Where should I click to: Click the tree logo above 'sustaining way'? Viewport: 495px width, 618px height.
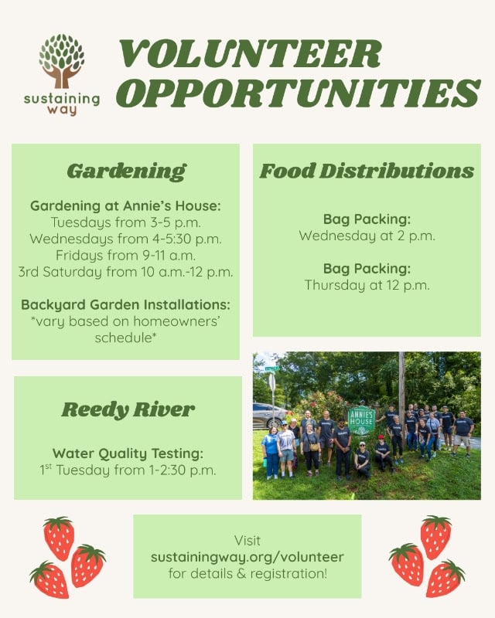[x=62, y=61]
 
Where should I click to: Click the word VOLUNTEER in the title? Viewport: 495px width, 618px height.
[x=251, y=54]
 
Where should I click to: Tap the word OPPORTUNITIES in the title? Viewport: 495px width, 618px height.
[x=299, y=93]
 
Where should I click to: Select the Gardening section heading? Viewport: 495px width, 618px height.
[x=126, y=171]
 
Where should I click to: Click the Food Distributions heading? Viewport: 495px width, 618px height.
[x=367, y=171]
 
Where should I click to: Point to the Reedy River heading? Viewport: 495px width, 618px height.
[x=128, y=410]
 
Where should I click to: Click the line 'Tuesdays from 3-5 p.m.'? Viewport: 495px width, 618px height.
[x=125, y=222]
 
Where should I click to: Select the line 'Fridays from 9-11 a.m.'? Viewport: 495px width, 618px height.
[x=125, y=256]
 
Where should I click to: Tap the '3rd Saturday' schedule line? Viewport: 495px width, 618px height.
[x=125, y=272]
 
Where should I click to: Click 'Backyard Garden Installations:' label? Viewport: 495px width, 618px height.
[x=125, y=305]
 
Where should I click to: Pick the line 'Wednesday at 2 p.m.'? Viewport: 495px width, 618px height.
[x=367, y=236]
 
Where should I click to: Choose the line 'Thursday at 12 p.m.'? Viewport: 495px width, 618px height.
[x=367, y=285]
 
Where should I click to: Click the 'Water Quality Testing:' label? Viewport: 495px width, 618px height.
[x=128, y=453]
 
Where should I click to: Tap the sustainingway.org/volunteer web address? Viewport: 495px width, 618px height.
[x=247, y=557]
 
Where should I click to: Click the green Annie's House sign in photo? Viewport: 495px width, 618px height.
[x=361, y=421]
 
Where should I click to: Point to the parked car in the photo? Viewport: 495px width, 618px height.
[x=270, y=416]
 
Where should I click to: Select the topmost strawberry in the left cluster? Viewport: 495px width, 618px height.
[x=59, y=538]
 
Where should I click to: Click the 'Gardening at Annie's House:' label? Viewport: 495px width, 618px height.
[x=125, y=206]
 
